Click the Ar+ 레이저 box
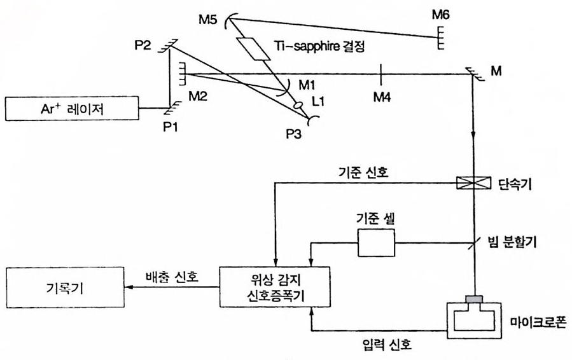click(x=72, y=109)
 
